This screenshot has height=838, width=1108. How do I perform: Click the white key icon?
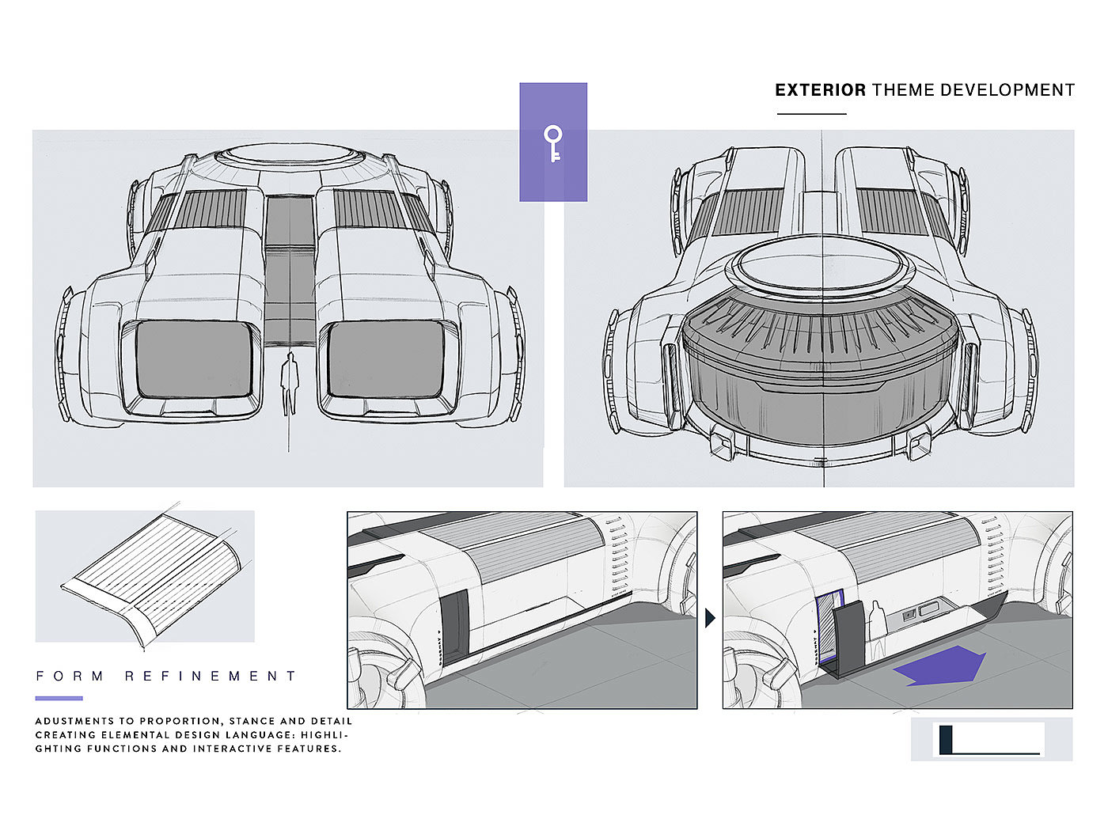(x=553, y=143)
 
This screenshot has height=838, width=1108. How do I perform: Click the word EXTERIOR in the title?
(x=820, y=90)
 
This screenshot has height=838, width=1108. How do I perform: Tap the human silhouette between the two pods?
(x=290, y=383)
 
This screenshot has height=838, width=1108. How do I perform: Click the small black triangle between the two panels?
(x=709, y=618)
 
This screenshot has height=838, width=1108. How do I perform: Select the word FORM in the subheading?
(x=70, y=677)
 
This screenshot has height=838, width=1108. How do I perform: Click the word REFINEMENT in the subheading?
(x=211, y=677)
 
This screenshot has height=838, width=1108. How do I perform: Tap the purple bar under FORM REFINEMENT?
(x=59, y=698)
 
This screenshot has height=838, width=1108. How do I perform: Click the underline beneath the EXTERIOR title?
(x=811, y=114)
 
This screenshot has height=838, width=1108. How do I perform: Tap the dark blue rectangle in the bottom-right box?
(x=945, y=739)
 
